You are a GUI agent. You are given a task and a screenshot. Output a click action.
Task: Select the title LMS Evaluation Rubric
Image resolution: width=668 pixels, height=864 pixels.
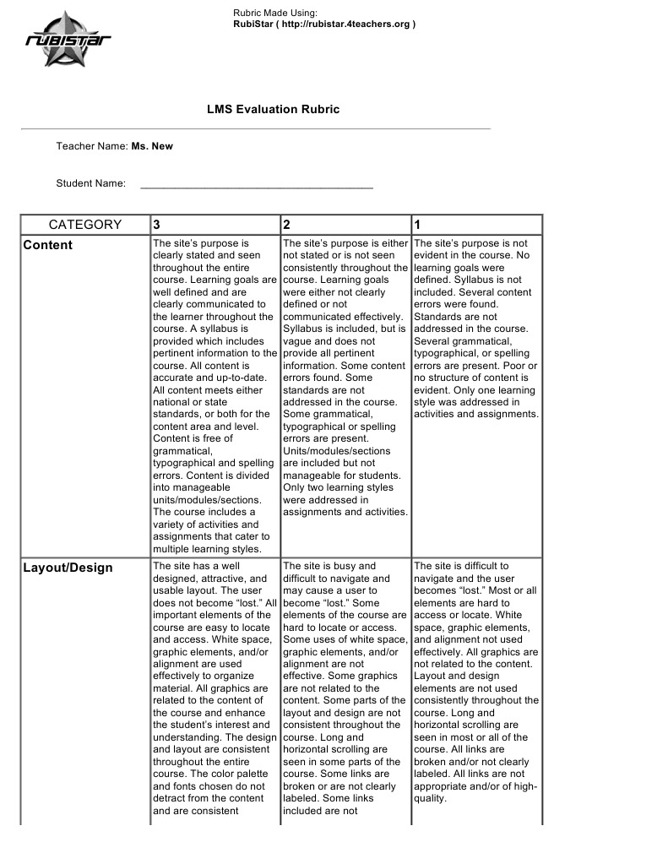tap(274, 110)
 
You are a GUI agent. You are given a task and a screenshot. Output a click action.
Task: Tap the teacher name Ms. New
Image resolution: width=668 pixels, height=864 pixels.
tap(152, 146)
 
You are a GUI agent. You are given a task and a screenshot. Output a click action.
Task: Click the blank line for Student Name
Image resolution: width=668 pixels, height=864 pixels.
tap(256, 183)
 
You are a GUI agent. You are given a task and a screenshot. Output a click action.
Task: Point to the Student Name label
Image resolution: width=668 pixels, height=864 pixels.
tap(91, 183)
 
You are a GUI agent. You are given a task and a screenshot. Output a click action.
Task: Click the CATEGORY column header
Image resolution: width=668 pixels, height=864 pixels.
tap(85, 225)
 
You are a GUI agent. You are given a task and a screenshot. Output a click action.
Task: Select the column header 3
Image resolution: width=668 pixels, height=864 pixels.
tap(157, 225)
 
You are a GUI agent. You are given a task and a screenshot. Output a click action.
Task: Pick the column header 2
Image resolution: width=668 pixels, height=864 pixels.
tap(287, 225)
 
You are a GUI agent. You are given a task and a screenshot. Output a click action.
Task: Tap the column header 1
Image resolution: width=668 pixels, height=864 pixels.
tap(417, 225)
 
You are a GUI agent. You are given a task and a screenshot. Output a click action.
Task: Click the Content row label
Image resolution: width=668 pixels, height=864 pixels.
tap(48, 246)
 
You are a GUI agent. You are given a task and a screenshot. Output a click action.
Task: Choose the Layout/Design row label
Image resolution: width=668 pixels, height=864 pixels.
tap(68, 568)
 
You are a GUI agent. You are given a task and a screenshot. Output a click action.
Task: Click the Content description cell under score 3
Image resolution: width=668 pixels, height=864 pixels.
tap(215, 395)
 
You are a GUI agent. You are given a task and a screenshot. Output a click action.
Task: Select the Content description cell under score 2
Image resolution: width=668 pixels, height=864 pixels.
tap(345, 377)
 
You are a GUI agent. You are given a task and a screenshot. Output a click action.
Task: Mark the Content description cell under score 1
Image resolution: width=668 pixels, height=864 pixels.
tap(475, 329)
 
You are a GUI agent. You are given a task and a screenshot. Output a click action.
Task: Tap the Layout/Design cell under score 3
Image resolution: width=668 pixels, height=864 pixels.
tap(215, 689)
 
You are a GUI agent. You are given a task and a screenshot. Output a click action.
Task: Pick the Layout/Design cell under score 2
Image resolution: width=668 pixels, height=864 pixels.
tap(345, 689)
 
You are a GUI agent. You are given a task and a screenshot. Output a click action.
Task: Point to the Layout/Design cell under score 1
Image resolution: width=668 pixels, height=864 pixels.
tap(475, 682)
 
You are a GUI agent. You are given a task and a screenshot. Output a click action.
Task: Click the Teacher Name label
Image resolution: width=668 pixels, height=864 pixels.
tap(92, 146)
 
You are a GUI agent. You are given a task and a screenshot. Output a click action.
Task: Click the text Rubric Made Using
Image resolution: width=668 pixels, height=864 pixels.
tap(275, 13)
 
